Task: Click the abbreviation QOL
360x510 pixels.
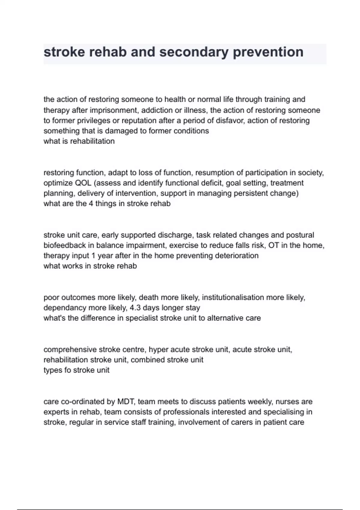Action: click(84, 183)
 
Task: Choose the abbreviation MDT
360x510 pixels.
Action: click(125, 402)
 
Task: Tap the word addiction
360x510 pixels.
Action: click(156, 110)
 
